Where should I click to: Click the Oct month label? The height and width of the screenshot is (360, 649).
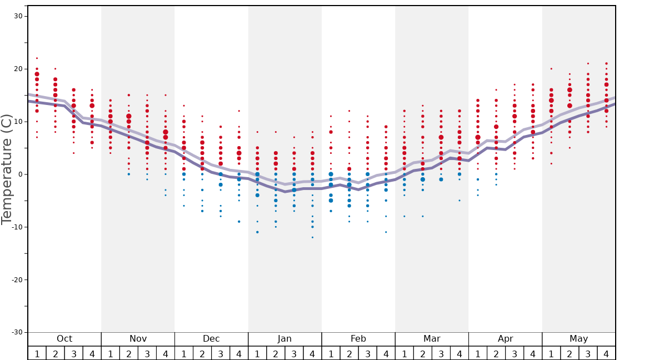[64, 339]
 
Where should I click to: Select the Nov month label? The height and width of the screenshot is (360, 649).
[138, 339]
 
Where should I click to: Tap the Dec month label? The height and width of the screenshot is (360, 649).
[211, 339]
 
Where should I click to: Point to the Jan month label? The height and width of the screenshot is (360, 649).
[284, 339]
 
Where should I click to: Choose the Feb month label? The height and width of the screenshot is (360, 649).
[358, 339]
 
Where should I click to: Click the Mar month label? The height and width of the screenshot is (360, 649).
[432, 339]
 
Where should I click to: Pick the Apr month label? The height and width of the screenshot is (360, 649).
[505, 339]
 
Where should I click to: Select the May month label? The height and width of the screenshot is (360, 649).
[578, 339]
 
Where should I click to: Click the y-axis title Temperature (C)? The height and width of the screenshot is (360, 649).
[7, 169]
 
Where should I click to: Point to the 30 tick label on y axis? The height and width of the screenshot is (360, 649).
[18, 16]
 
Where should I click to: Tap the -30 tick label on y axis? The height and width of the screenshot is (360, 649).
[17, 332]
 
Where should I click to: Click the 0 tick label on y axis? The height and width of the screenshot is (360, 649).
[20, 174]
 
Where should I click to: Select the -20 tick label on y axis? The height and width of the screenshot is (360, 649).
[17, 279]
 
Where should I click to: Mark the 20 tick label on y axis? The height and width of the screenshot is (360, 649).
[18, 69]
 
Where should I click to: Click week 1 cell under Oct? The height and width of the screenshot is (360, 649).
[37, 353]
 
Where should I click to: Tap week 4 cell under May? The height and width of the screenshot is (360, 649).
[606, 353]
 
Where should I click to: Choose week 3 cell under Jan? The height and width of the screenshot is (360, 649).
[294, 353]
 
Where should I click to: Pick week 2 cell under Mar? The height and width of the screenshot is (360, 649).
[422, 353]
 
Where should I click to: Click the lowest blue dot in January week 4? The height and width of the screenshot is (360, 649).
[312, 237]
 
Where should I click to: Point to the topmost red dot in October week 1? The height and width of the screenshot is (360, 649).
[37, 58]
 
